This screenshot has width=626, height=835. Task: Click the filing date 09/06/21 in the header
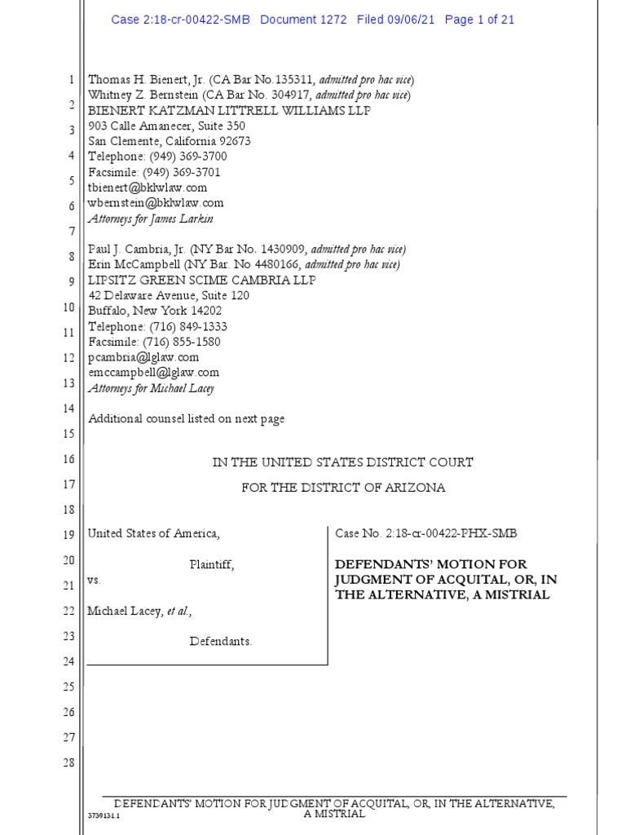(413, 20)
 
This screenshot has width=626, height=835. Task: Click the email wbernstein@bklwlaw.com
(155, 203)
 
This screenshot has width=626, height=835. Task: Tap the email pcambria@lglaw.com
(143, 357)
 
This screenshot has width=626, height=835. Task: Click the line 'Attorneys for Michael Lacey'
(151, 388)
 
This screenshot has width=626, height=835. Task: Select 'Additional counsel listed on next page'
(186, 419)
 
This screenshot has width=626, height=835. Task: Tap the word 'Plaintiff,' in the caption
(212, 564)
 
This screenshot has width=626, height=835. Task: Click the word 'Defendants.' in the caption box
(221, 641)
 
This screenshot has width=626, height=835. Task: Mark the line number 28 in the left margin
(68, 763)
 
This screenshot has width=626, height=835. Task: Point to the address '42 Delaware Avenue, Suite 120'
(169, 295)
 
